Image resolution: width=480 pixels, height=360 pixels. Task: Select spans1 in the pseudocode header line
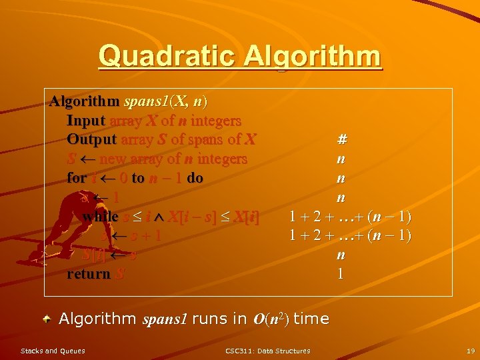coord(147,102)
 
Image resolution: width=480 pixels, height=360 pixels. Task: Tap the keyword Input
coord(86,121)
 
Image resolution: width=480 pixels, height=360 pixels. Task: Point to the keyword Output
coord(91,140)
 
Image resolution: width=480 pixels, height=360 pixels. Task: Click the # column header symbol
coord(341,140)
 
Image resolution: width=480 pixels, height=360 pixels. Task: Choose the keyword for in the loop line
coord(76,179)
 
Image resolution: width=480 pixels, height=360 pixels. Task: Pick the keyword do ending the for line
coord(195,179)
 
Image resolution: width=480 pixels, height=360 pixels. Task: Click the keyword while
coord(100,217)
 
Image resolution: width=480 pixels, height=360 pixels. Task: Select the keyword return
coord(89,274)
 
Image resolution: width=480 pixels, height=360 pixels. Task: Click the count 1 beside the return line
coord(341,274)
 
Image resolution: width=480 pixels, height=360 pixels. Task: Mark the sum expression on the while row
coord(350,217)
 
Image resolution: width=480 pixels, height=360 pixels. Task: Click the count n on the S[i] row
coord(341,255)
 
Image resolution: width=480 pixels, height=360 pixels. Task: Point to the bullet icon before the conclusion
coord(48,319)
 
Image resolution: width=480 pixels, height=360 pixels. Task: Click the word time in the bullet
coord(311,319)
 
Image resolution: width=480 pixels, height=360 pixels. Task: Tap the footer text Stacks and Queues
coord(53,351)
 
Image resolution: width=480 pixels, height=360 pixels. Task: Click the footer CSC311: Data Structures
coord(267,351)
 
